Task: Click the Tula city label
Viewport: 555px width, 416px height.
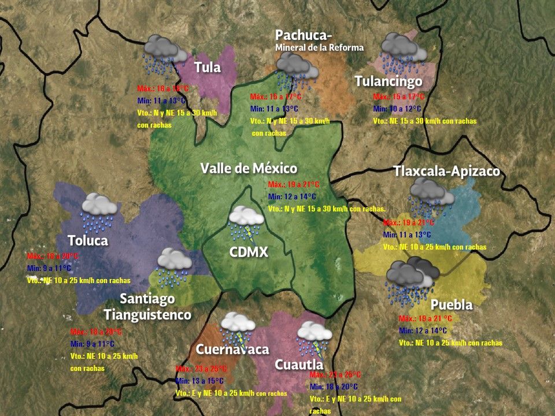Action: [x=208, y=67]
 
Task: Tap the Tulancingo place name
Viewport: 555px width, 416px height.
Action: [x=388, y=81]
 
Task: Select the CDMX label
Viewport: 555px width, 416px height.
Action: [x=249, y=252]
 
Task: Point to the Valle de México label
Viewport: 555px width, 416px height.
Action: [x=249, y=168]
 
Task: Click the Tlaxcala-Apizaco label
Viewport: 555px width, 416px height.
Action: [x=446, y=172]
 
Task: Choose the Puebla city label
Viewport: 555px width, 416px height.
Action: [x=452, y=304]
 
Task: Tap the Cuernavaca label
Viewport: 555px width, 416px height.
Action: [x=232, y=350]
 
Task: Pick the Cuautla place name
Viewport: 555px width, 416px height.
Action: [x=298, y=365]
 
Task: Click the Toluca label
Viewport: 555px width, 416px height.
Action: [x=88, y=240]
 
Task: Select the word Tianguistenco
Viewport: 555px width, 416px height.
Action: [x=147, y=315]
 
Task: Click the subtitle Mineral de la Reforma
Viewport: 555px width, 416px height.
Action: [x=319, y=47]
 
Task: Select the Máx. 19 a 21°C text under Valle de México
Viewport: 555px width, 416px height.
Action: [x=294, y=185]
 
